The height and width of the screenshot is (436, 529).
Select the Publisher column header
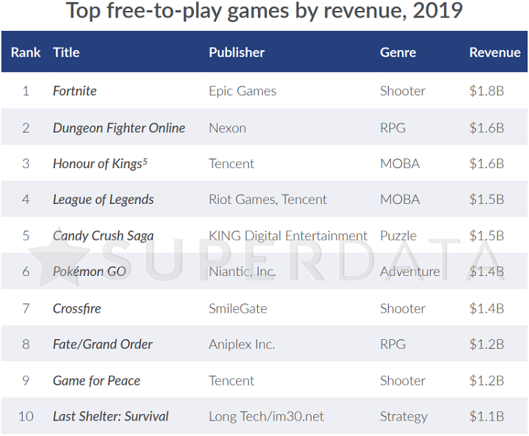237,52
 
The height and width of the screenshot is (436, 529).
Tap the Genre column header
397,52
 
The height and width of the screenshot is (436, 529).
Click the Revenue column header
494,52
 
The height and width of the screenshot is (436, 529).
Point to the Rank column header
26,52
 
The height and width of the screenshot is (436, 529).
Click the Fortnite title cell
75,91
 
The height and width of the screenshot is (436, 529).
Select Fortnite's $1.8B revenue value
486,91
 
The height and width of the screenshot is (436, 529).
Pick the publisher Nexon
227,128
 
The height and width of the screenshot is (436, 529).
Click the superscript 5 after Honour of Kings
145,161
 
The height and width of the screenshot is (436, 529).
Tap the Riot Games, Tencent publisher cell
267,200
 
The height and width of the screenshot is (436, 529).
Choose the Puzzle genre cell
398,236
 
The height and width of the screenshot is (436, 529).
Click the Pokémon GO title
90,272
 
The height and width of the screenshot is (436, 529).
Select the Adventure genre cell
409,272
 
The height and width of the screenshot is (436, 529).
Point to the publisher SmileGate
237,308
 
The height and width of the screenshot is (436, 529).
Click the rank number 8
26,344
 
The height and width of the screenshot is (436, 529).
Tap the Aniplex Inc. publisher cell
241,344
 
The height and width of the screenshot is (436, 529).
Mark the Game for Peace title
96,380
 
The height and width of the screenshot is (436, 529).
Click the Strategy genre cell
403,416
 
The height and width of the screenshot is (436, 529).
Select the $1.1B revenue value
486,416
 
